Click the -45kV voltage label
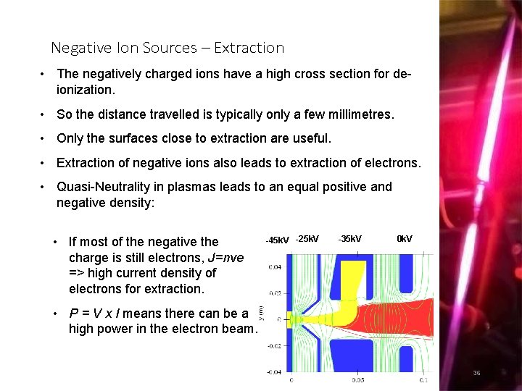coord(277,240)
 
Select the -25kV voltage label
coord(307,239)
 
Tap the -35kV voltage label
coord(349,239)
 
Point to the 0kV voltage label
coord(405,239)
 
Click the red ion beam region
coord(391,319)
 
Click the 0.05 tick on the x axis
coord(358,379)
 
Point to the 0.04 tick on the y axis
coord(275,267)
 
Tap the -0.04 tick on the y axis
coord(274,371)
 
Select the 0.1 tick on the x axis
coord(423,379)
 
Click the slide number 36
coord(476,373)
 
